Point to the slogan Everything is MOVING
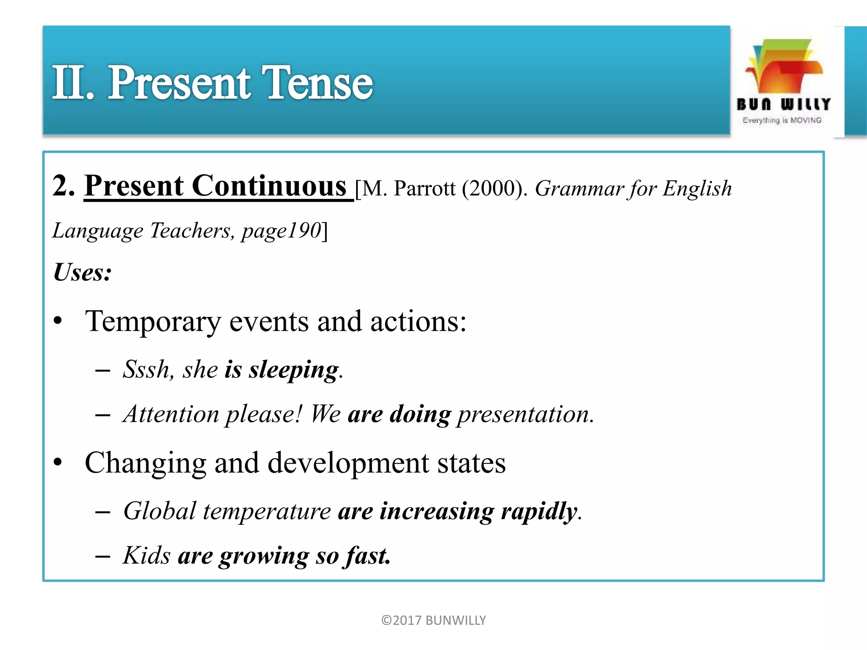[782, 120]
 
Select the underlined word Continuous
[269, 186]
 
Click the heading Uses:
[83, 272]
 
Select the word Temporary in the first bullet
[153, 322]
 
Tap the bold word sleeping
[294, 370]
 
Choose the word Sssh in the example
[146, 370]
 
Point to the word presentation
[525, 414]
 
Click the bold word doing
[420, 414]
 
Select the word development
[348, 463]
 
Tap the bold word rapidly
[539, 511]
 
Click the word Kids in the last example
[146, 556]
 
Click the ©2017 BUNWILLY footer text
[433, 620]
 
